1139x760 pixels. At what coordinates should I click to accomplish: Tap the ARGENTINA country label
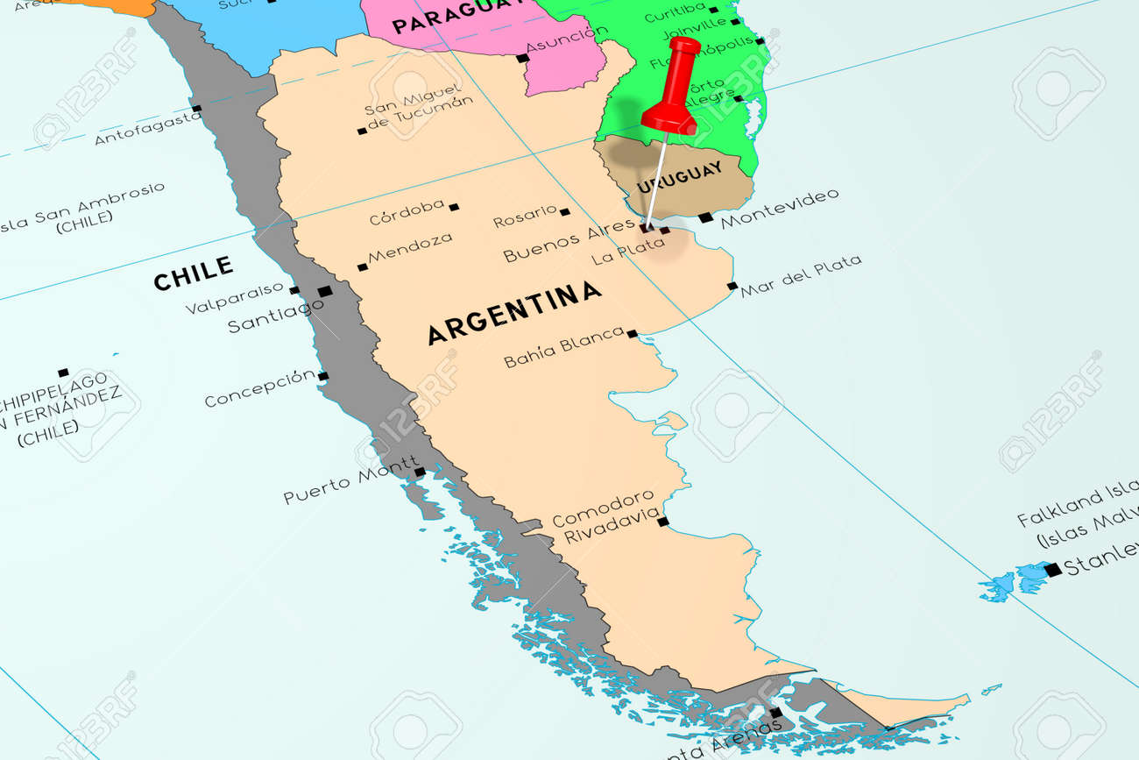pos(514,312)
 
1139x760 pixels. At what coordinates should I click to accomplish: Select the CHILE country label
pos(193,273)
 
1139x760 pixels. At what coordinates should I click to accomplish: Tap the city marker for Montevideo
pos(705,217)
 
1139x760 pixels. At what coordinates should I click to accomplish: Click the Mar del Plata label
pos(800,275)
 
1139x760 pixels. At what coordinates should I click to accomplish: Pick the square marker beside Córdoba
pos(454,208)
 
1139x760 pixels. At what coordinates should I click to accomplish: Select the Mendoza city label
pos(410,248)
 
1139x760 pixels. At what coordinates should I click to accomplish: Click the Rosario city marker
pos(565,212)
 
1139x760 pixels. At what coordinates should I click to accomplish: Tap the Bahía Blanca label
pos(564,348)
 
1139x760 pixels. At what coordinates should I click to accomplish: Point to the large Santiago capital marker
pos(325,291)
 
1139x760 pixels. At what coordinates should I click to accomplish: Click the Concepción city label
pos(259,387)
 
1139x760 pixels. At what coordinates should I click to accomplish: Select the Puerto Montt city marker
pos(420,472)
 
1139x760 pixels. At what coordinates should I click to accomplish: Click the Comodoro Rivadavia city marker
pos(662,522)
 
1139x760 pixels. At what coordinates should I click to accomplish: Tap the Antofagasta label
pos(146,127)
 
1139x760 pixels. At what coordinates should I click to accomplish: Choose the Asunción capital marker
pos(522,59)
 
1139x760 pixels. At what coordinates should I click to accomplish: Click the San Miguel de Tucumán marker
pos(362,131)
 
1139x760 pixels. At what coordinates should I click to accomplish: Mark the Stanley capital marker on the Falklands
pos(1052,569)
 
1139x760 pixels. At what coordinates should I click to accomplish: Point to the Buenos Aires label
pos(569,240)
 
